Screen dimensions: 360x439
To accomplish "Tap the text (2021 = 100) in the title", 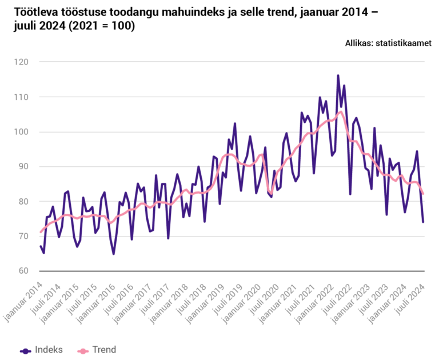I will click(x=102, y=26).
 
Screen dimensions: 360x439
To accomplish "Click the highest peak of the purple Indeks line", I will click(x=338, y=75).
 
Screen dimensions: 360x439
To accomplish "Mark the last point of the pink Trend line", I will click(x=423, y=194).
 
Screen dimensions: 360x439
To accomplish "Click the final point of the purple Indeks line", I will click(x=423, y=222).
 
